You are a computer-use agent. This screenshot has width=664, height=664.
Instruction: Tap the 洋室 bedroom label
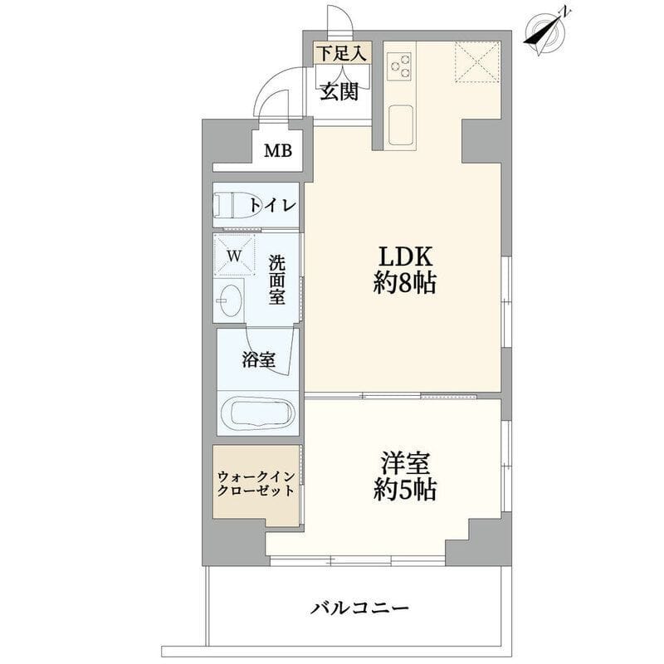point(405,476)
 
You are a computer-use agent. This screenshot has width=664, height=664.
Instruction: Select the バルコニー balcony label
point(360,608)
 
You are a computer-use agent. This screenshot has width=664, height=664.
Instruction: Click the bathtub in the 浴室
point(257,413)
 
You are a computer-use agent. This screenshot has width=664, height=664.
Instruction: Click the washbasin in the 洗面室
point(229,300)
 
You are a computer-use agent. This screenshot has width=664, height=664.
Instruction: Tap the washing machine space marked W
point(234,256)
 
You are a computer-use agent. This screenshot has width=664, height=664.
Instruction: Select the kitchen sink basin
point(400,125)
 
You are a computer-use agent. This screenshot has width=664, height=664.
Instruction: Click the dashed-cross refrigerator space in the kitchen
point(478,61)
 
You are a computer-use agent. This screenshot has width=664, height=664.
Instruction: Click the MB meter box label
point(278,151)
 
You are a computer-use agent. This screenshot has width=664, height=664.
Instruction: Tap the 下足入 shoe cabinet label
point(341,54)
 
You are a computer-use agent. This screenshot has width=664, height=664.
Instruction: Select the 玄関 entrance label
point(339,92)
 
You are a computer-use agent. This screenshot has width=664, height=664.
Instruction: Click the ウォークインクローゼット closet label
point(256,484)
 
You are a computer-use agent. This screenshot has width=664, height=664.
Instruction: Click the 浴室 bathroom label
point(259,359)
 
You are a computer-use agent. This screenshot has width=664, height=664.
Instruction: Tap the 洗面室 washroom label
point(277,280)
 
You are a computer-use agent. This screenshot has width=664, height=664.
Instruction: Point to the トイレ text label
point(272,205)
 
